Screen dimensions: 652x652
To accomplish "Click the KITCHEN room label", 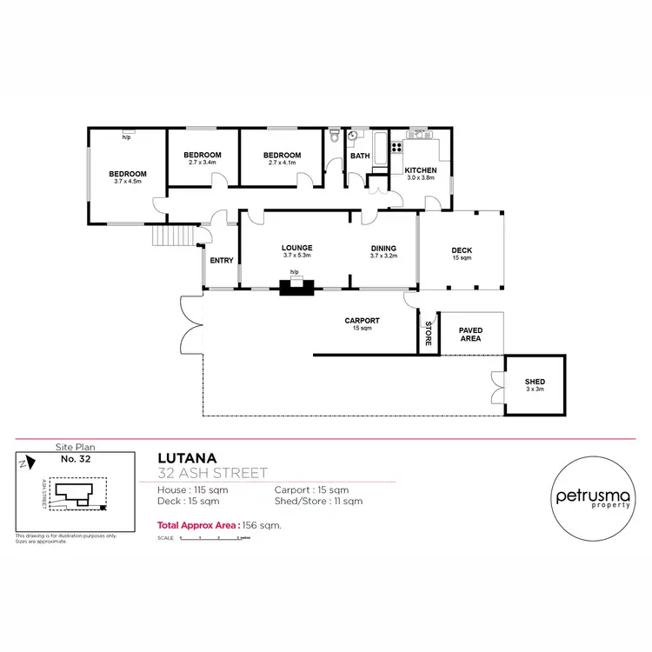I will pos(420,170).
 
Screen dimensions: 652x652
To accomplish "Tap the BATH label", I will pos(359,156).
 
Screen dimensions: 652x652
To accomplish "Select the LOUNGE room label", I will pos(296,247).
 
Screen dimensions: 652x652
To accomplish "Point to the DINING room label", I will pos(383,247).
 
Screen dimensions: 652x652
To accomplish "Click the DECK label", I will pos(461,250).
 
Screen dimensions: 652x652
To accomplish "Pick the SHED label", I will pos(534,383).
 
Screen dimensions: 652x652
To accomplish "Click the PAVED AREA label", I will pos(470,335).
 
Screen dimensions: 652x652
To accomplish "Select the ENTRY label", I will pos(222,261).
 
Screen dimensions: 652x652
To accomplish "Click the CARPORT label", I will pos(362,320).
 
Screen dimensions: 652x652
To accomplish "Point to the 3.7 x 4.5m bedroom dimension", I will pos(128,182).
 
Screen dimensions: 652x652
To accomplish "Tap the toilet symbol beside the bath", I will pos(335,136).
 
